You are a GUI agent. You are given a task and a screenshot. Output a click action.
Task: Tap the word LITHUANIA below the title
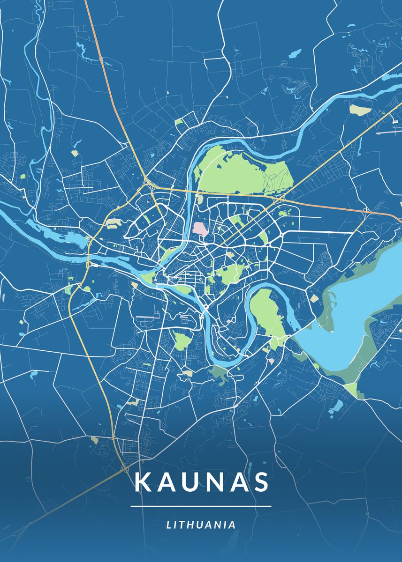coord(201,525)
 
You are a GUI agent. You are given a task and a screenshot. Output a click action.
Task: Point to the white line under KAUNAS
coord(201,506)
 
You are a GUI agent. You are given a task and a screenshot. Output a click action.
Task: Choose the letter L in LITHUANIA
coord(169,525)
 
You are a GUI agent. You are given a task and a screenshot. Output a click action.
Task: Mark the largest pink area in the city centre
coord(199,229)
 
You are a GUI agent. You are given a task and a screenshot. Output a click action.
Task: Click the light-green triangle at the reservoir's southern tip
coord(351,389)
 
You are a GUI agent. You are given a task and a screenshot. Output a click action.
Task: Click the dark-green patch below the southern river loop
coord(219,373)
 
